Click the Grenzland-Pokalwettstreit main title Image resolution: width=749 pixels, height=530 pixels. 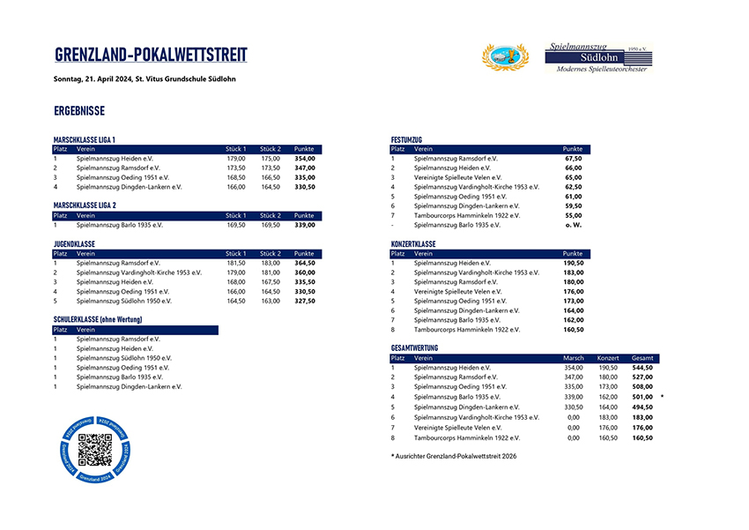coord(151,56)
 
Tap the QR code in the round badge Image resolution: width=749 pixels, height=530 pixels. coord(95,450)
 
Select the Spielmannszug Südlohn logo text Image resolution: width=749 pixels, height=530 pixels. coord(597,56)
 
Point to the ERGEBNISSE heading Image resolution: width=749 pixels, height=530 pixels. coord(79,111)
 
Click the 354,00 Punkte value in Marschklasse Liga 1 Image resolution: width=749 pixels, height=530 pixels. coord(304,159)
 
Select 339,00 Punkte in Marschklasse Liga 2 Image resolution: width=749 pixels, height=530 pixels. coord(304,225)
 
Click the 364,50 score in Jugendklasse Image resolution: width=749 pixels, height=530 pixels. coord(304,263)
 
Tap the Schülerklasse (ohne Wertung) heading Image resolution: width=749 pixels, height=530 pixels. coord(98,319)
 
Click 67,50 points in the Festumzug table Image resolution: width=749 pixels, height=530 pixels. coord(573,159)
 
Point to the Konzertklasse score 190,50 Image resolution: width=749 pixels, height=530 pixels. coord(573,263)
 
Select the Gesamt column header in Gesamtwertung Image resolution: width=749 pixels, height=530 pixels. coord(642,358)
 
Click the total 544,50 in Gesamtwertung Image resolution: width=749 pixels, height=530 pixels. coord(642,368)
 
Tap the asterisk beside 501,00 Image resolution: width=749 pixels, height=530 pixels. coord(661,397)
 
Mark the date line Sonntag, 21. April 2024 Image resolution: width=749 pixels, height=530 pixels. coord(144,79)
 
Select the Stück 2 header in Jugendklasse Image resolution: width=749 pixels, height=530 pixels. coord(270,253)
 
